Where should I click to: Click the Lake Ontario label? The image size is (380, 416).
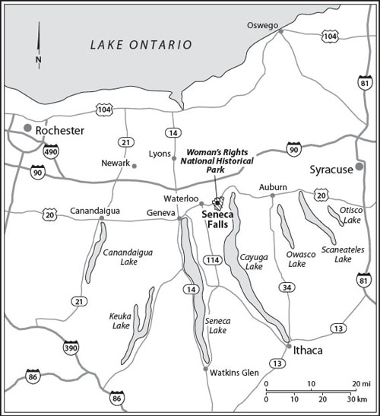141,45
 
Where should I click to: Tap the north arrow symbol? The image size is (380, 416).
37,42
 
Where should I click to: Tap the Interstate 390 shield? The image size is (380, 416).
69,347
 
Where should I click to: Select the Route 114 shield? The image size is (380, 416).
212,260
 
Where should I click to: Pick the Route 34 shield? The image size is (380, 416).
285,287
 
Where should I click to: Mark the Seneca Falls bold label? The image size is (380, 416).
219,221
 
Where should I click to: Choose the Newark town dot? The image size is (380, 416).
135,165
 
